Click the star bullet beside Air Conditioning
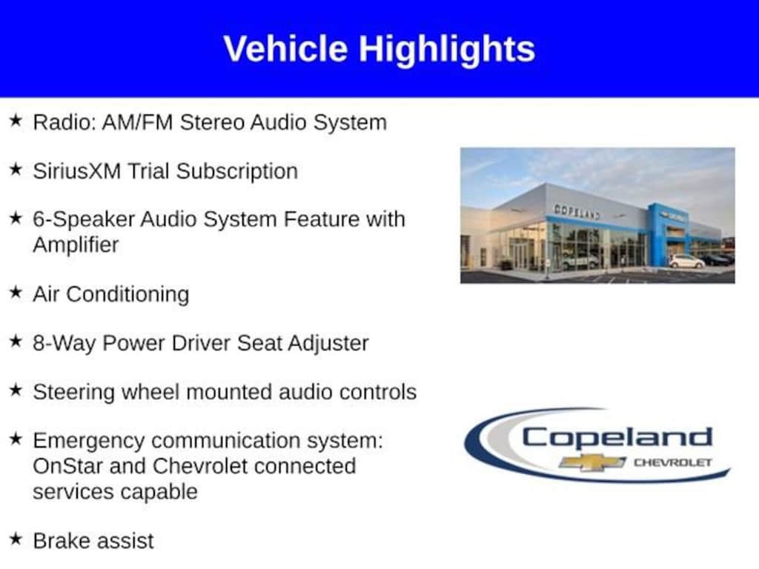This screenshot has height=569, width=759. point(16,292)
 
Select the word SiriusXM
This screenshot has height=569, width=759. point(77,171)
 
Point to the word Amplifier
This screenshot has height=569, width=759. point(76,244)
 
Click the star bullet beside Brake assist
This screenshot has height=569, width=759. point(16,539)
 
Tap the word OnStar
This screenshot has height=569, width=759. point(67,466)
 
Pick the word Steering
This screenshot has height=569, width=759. point(73,393)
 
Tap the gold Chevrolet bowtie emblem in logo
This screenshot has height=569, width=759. point(592,462)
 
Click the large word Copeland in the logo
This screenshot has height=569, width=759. point(617,438)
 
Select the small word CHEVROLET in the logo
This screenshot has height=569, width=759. point(673,462)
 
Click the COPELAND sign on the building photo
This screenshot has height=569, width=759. point(577,211)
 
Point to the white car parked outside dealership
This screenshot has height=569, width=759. point(686,262)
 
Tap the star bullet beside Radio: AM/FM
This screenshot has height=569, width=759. point(16,121)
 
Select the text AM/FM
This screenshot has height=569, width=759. point(137,122)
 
